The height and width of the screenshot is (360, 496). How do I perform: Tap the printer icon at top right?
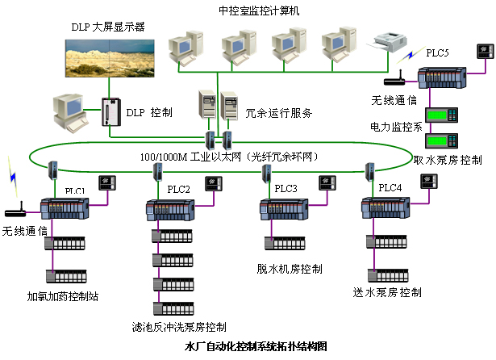tap(390, 39)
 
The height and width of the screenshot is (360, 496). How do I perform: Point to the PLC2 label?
tap(178, 189)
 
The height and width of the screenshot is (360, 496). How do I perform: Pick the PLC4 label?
tap(390, 187)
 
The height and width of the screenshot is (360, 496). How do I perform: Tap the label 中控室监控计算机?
tap(260, 10)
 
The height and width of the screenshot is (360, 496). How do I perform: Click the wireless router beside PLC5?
tap(394, 80)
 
